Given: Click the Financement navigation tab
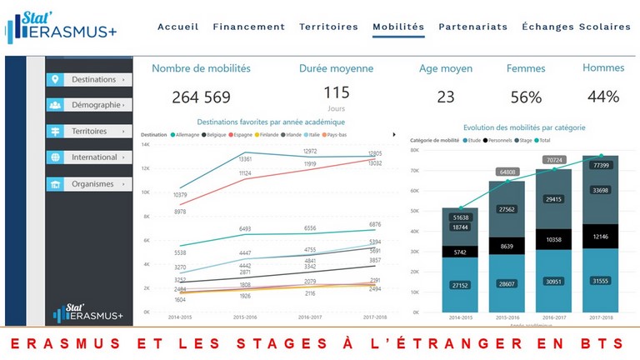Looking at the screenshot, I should tap(248, 27).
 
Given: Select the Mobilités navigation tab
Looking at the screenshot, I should tap(398, 27).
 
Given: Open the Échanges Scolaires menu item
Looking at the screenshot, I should tap(576, 27).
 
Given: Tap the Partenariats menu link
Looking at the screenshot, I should tap(472, 27).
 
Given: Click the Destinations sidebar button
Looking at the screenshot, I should tap(89, 80).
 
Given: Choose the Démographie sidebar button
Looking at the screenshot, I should tap(89, 106).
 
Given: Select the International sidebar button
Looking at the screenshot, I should tap(89, 157).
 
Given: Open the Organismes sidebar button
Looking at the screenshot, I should tap(89, 183).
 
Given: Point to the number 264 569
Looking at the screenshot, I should tap(201, 97).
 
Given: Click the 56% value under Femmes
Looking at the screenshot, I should tap(526, 97).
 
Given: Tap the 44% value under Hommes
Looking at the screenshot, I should tap(602, 97).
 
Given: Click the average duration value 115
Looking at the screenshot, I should tap(336, 92).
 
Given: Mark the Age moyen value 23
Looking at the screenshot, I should tap(446, 97).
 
